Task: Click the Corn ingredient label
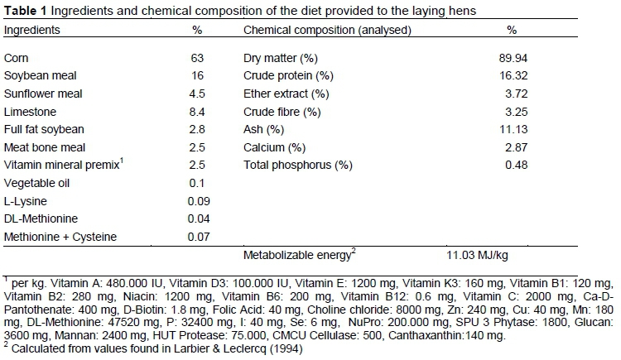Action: click(x=17, y=58)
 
